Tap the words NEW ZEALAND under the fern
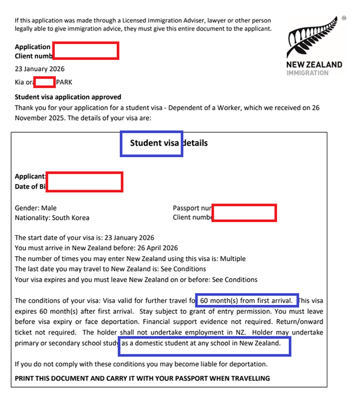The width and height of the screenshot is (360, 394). pos(314,65)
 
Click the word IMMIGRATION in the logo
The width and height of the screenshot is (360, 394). pos(307,73)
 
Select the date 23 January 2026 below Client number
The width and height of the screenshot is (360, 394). pos(40,69)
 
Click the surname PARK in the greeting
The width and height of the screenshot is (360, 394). pos(65,82)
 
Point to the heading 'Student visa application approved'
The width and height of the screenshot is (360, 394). pos(68,97)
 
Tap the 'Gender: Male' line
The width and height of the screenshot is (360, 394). pos(36,208)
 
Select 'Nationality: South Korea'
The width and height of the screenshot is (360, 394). pos(52,217)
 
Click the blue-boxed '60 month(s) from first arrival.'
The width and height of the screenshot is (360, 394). pos(249,301)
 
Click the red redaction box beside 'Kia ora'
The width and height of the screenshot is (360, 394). pos(44,82)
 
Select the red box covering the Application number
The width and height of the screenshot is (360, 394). pos(85,51)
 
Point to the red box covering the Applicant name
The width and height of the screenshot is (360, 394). pos(84,181)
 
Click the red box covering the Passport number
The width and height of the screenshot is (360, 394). pos(244,212)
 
